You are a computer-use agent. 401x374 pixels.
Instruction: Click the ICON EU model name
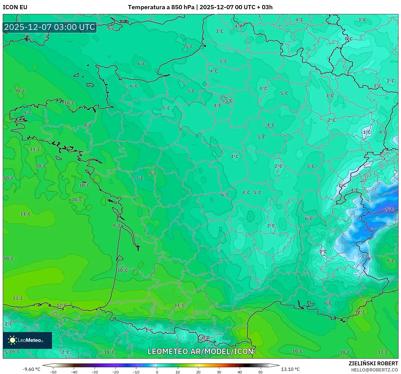click(15, 7)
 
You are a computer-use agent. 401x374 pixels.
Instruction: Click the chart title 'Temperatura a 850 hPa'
click(161, 7)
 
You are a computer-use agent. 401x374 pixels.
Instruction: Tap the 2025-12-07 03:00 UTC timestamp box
click(50, 27)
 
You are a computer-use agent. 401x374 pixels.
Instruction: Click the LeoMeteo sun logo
click(12, 340)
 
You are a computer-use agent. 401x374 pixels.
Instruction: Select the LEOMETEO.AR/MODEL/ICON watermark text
click(200, 351)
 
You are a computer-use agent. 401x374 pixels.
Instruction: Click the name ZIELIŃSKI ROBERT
click(373, 363)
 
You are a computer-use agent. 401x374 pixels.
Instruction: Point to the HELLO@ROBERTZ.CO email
click(374, 370)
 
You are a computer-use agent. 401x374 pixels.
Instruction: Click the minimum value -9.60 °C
click(31, 369)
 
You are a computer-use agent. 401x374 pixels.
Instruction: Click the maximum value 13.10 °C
click(290, 369)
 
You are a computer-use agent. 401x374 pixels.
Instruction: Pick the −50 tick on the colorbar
click(53, 372)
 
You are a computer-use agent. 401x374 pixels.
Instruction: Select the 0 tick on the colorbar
click(157, 372)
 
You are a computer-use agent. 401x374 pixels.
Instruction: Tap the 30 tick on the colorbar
click(219, 372)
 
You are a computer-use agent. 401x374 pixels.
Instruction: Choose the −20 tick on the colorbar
click(115, 372)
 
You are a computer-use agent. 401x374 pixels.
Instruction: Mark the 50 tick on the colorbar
click(260, 372)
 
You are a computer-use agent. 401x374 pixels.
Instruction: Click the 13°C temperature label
click(18, 298)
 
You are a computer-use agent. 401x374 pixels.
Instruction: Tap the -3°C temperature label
click(364, 256)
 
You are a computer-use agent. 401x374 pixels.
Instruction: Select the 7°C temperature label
click(139, 178)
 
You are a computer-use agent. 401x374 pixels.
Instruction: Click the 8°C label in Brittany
click(88, 125)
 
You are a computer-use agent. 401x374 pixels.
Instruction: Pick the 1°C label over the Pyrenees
click(149, 330)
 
